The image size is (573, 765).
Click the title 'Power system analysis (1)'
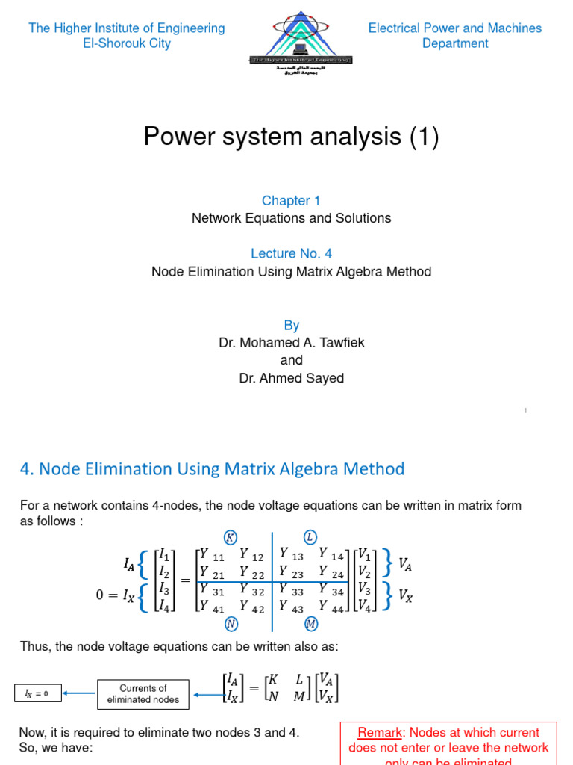(x=291, y=137)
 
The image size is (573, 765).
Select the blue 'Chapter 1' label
(x=291, y=200)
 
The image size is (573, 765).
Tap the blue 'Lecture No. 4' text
(x=291, y=253)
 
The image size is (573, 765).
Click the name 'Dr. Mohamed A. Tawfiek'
(x=291, y=343)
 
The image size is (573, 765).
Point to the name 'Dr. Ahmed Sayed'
(x=291, y=378)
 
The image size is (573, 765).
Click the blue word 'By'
(x=291, y=325)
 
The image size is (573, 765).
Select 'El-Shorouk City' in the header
(x=127, y=43)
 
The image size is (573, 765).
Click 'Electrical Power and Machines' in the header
(x=455, y=28)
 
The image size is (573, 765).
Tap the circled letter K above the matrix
(x=230, y=537)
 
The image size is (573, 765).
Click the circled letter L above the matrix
(x=309, y=537)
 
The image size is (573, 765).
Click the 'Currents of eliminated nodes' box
(x=143, y=694)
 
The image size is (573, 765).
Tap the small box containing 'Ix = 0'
(x=37, y=694)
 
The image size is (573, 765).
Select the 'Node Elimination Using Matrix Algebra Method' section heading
(x=212, y=469)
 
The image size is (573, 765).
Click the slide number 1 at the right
(x=525, y=410)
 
